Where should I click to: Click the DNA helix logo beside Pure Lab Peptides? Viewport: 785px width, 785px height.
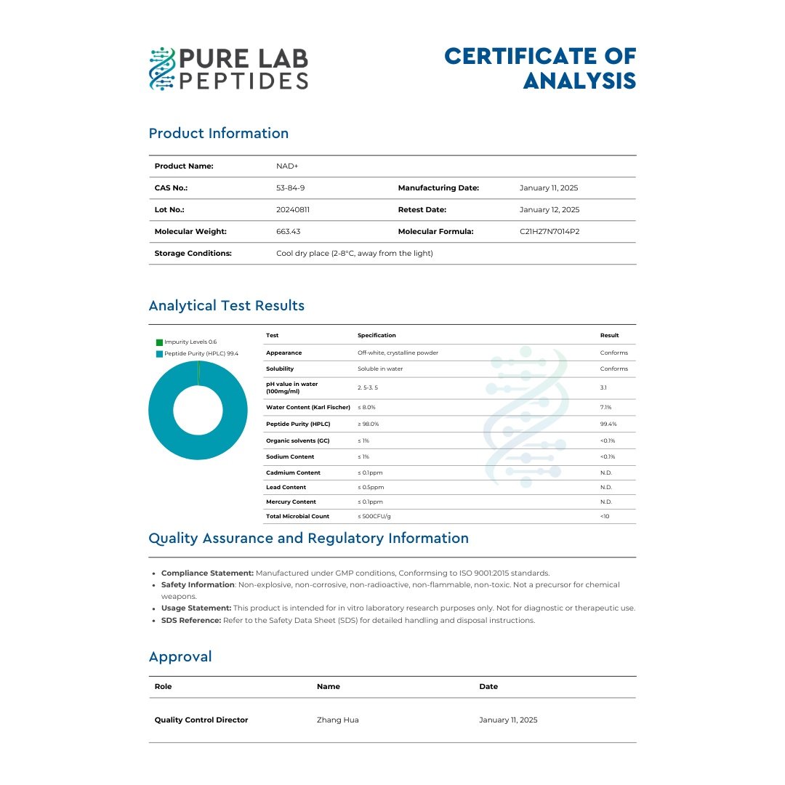(162, 69)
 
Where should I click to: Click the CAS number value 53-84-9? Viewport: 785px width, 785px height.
(291, 188)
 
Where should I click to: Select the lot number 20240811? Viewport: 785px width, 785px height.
(293, 209)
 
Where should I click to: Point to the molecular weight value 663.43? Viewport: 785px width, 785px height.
(289, 231)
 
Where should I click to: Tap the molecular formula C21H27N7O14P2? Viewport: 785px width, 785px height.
(549, 231)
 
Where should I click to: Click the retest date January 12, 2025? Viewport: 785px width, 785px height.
(549, 209)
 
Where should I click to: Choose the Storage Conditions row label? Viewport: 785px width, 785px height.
(193, 253)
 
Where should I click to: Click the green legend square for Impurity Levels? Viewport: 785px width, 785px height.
(159, 342)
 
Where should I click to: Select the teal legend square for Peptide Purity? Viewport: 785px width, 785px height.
(159, 353)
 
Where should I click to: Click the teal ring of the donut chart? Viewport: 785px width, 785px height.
(161, 411)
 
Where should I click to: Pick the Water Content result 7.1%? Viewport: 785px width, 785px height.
(606, 408)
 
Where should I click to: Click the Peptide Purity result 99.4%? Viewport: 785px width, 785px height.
(608, 424)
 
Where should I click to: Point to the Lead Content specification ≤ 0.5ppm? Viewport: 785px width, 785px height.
(371, 487)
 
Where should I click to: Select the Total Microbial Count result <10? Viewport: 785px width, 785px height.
(605, 516)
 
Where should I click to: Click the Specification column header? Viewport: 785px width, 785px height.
(377, 335)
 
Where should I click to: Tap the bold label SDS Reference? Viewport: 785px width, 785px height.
(190, 620)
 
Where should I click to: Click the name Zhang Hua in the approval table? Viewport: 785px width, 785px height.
(338, 720)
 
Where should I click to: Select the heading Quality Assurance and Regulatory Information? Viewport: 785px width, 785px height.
(308, 539)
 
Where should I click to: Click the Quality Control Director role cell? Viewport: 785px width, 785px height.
(201, 720)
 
